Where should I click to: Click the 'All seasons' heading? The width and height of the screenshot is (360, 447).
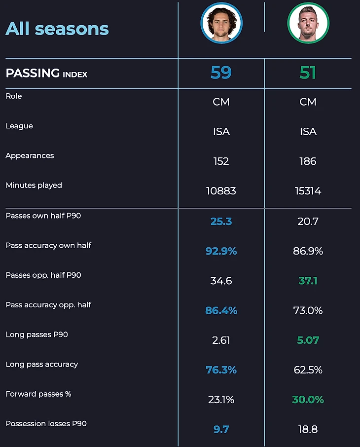57,29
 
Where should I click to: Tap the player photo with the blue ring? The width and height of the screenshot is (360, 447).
221,23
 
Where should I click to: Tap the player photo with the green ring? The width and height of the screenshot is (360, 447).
308,23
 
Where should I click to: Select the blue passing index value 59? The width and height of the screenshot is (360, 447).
221,73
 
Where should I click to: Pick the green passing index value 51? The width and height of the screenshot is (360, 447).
308,73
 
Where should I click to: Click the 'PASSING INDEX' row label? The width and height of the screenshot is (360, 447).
46,74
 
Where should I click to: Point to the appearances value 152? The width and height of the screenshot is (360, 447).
221,161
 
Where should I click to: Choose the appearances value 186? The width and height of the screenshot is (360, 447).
308,161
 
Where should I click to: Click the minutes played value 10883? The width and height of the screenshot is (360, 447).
221,191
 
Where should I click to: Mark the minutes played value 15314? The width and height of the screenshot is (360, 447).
308,191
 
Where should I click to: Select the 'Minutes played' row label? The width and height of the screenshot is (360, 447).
34,186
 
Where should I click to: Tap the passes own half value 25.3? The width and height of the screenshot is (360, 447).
221,222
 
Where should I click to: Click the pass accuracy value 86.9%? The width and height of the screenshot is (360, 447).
308,251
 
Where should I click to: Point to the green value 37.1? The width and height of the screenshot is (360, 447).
308,281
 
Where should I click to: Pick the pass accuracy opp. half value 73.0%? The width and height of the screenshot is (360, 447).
308,310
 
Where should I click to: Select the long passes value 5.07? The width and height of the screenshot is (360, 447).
308,340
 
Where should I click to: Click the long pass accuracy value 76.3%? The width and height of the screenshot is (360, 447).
221,370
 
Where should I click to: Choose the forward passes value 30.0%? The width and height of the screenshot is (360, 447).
308,400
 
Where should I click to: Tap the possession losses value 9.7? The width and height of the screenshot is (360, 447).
221,429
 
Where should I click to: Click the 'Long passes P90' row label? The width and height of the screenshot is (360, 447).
37,335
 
